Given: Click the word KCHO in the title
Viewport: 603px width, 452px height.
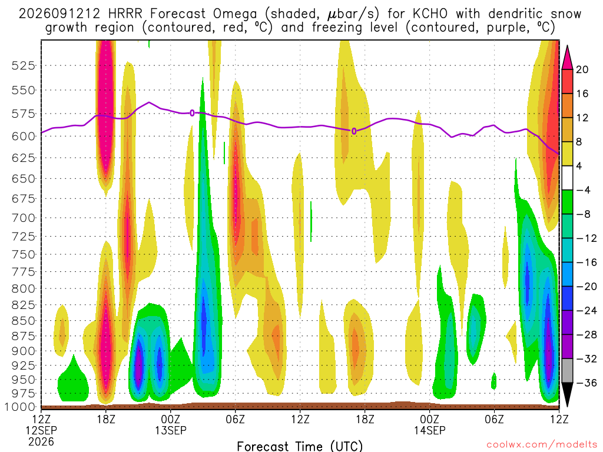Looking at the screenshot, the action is [430, 14].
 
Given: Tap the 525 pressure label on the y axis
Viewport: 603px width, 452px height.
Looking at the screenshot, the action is [24, 66].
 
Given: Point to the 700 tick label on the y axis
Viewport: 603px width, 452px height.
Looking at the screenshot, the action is [24, 218].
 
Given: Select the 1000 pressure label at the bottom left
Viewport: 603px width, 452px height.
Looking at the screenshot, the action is [20, 407].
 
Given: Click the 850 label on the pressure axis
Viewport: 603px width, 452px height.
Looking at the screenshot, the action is [24, 321].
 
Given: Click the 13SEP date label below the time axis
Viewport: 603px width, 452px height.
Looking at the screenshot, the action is [170, 430].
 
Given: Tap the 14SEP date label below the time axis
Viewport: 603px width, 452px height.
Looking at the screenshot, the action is [429, 430].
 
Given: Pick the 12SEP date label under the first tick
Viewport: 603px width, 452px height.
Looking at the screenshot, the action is [41, 430].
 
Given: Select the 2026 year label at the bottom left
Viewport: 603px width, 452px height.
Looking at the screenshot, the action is [41, 442].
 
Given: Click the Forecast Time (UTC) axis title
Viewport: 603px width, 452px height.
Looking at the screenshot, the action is [300, 446].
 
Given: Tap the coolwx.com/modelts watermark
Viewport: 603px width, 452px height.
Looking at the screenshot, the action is [542, 445].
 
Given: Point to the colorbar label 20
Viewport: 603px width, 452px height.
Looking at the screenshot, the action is [582, 69].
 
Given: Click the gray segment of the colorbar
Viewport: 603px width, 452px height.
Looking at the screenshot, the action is [567, 371].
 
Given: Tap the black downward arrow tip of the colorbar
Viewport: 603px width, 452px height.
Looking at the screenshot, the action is [567, 407].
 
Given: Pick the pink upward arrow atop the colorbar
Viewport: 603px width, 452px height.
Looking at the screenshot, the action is [567, 58].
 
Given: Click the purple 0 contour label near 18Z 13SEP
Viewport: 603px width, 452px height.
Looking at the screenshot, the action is [354, 131].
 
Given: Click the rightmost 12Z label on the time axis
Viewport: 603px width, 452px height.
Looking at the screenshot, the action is [559, 419].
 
